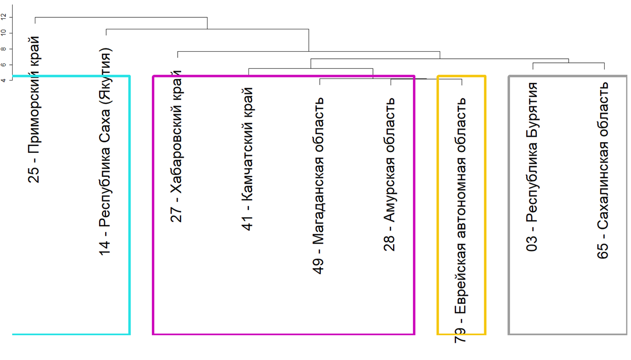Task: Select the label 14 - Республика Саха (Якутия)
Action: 106,152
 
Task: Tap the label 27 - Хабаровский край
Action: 177,147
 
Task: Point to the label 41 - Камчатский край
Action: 247,159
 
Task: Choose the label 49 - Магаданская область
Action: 319,185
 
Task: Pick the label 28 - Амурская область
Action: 390,174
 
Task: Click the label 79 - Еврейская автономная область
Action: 461,221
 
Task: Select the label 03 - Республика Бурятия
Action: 532,167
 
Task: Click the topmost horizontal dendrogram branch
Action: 121,17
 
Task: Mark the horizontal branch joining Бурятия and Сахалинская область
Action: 568,63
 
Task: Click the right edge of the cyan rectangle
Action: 130,203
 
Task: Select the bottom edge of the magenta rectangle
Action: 283,334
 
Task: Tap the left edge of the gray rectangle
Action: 509,203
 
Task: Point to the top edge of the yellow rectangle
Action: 461,76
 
